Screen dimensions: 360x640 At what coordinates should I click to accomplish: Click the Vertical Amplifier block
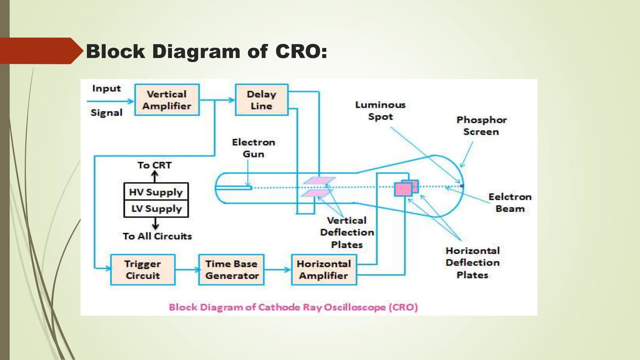click(167, 100)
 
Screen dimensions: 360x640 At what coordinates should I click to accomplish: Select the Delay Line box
click(262, 100)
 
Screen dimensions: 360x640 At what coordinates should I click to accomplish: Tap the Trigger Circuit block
click(143, 270)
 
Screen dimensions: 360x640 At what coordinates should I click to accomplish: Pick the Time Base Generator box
click(232, 270)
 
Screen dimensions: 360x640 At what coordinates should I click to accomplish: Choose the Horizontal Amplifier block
click(324, 270)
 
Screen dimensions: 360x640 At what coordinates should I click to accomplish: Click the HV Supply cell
click(156, 192)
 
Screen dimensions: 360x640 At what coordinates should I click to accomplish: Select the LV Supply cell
click(156, 209)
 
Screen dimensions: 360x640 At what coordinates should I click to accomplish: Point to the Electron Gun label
click(253, 148)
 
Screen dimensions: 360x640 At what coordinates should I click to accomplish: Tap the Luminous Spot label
click(380, 111)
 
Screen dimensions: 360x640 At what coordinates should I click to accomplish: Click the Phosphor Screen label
click(481, 126)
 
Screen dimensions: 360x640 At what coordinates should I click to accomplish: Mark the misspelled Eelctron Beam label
click(510, 203)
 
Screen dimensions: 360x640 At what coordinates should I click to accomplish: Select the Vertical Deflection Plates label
click(347, 232)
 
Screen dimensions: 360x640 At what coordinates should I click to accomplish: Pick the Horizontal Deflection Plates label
click(472, 263)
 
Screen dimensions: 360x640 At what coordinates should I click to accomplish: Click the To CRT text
click(155, 165)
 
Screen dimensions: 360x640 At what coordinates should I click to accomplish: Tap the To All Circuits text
click(157, 236)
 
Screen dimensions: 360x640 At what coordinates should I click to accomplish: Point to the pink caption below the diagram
click(293, 307)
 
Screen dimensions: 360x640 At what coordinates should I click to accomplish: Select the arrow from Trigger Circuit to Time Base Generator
click(187, 270)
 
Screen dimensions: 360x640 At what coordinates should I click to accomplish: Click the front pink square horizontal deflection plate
click(403, 189)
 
